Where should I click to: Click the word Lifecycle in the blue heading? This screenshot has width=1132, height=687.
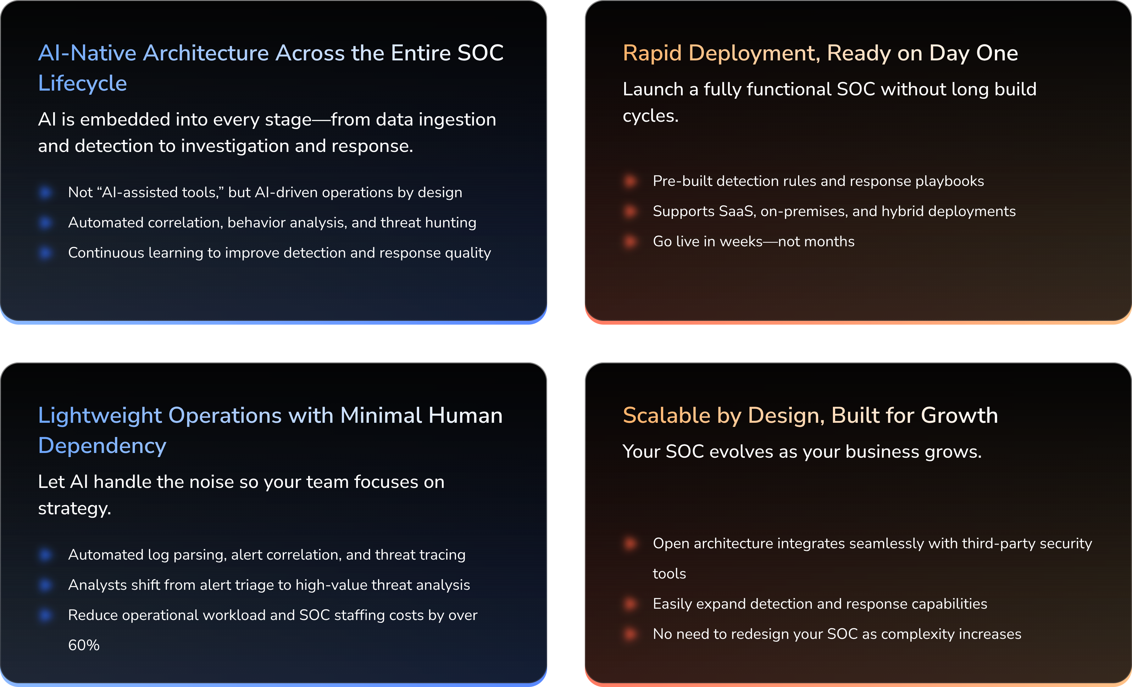tap(82, 84)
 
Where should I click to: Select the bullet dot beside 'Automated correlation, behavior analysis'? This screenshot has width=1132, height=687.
tap(46, 223)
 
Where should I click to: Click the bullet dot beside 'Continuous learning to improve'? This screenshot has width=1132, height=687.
tap(46, 253)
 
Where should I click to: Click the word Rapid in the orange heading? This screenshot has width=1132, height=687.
tap(652, 53)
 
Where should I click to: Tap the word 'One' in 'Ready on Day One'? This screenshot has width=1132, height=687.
tap(997, 53)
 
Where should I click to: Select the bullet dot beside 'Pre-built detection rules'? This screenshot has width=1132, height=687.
tap(630, 181)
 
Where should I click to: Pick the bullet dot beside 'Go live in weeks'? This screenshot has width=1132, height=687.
tap(630, 241)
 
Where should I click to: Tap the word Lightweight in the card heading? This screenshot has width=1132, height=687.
tap(100, 416)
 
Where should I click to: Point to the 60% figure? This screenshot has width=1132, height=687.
tap(84, 645)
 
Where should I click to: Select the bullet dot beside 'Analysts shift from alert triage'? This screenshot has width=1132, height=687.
tap(46, 585)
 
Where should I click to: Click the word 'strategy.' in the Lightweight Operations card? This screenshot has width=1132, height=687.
tap(75, 509)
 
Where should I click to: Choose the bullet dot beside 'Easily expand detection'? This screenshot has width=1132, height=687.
tap(630, 604)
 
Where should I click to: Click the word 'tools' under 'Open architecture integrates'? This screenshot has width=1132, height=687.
tap(669, 574)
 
